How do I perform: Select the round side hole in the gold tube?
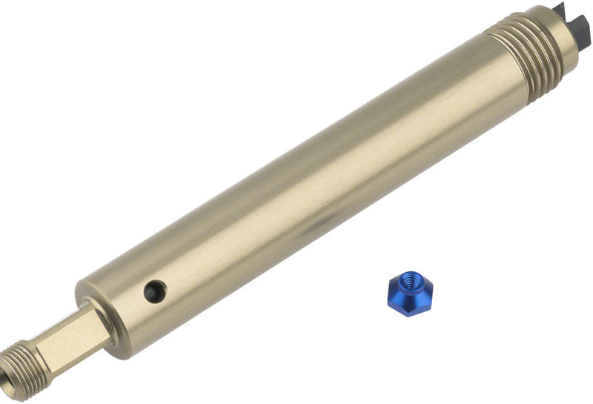click(155, 291)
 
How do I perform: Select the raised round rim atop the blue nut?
click(405, 278)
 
